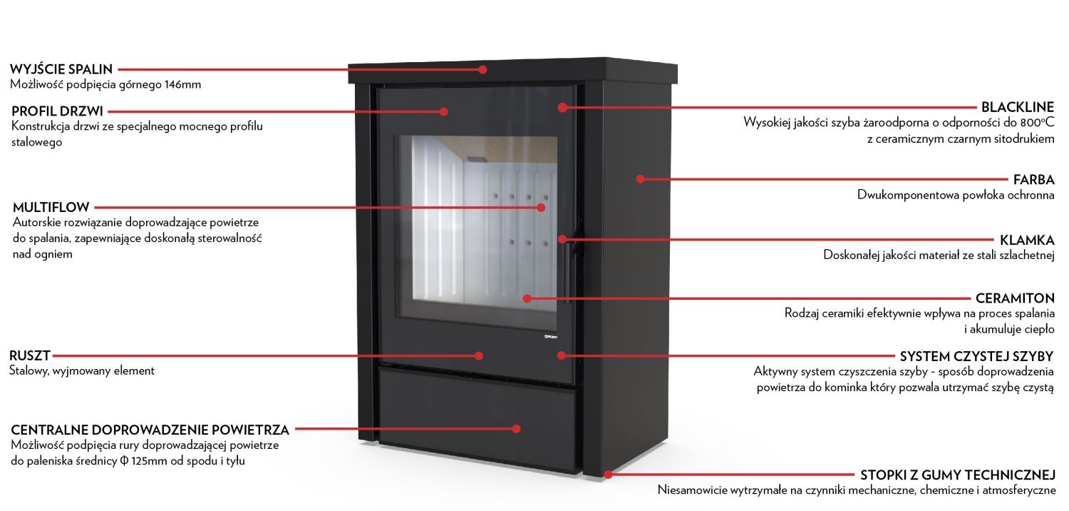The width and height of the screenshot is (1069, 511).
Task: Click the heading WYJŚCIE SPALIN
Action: point(61,69)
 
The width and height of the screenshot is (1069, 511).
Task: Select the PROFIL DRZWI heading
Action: point(58,111)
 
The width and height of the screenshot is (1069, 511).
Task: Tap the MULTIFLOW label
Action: point(51,208)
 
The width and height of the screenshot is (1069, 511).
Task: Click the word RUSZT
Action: point(30,355)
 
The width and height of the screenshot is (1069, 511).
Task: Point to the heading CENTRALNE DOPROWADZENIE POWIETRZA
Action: point(150,430)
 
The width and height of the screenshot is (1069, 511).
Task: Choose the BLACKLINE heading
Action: point(1017,108)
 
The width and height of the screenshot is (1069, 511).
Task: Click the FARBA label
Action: point(1033,179)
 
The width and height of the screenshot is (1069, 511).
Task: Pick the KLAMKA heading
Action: point(1027,240)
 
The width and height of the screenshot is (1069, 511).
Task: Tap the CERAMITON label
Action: point(1015,298)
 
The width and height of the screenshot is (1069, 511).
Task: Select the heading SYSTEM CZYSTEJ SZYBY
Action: point(976,355)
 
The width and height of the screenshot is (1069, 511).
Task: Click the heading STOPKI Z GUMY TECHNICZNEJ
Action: point(957,475)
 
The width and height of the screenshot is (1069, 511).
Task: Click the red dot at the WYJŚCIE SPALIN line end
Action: point(482,69)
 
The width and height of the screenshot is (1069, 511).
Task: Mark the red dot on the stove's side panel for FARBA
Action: point(640,178)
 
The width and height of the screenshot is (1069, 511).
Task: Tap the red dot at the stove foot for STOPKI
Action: point(607,473)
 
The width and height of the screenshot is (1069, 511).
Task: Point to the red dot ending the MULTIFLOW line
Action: point(541,208)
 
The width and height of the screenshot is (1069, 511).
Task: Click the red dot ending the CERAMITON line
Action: point(527,298)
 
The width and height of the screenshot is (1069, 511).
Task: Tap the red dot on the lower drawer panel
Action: point(517,428)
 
